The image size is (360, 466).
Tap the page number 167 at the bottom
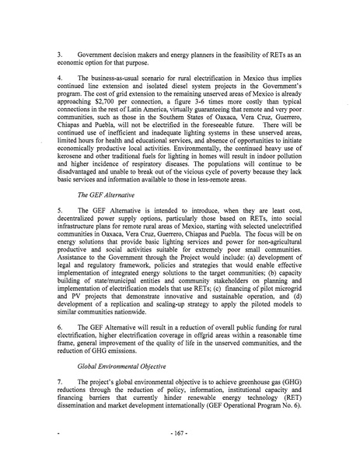pyautogui.click(x=180, y=447)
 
